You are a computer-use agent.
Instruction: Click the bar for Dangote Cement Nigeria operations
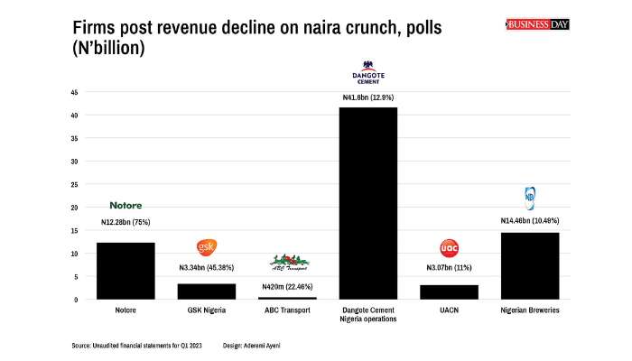coord(367,203)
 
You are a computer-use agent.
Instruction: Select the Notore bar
coord(125,271)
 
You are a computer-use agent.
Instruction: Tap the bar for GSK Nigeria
coord(206,292)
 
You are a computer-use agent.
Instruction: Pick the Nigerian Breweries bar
coord(529,265)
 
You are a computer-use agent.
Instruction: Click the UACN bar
coord(449,292)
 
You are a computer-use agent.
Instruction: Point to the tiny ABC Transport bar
coord(287,297)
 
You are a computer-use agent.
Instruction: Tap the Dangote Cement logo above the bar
coord(367,71)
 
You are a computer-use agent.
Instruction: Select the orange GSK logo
coord(206,247)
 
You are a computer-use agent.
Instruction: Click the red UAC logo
coord(449,247)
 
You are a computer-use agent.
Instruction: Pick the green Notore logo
coord(125,206)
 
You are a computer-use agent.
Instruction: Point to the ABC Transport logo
coord(289,263)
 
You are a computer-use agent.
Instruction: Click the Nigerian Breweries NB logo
coord(529,196)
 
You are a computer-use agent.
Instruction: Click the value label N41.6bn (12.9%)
coord(367,97)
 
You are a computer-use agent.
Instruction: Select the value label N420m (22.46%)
coord(287,285)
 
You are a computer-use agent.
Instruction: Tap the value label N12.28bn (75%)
coord(125,222)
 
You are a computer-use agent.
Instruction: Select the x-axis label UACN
coord(449,310)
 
